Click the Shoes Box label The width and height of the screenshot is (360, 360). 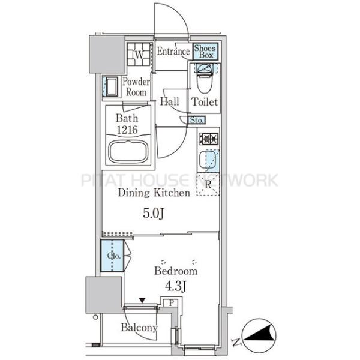tap(205, 52)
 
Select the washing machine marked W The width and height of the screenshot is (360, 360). tap(139, 55)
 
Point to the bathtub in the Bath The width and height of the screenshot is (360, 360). tap(128, 152)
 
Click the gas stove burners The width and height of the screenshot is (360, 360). tap(208, 139)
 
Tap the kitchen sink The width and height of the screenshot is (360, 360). tap(209, 160)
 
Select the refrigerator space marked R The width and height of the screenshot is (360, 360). tap(208, 184)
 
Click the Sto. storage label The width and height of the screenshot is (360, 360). tap(196, 120)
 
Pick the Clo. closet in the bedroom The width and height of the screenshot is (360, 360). tap(112, 256)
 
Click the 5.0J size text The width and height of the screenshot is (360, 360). tap(153, 214)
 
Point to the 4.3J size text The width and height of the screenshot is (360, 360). tap(175, 286)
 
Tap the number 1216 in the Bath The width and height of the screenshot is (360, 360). tap(127, 130)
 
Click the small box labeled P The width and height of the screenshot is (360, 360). tap(171, 302)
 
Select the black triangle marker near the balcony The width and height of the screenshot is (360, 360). tap(142, 301)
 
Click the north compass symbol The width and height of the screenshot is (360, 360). tap(259, 335)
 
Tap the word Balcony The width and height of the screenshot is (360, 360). tap(139, 328)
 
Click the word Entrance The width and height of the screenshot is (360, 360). tap(173, 52)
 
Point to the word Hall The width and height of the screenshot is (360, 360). tap(169, 101)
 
